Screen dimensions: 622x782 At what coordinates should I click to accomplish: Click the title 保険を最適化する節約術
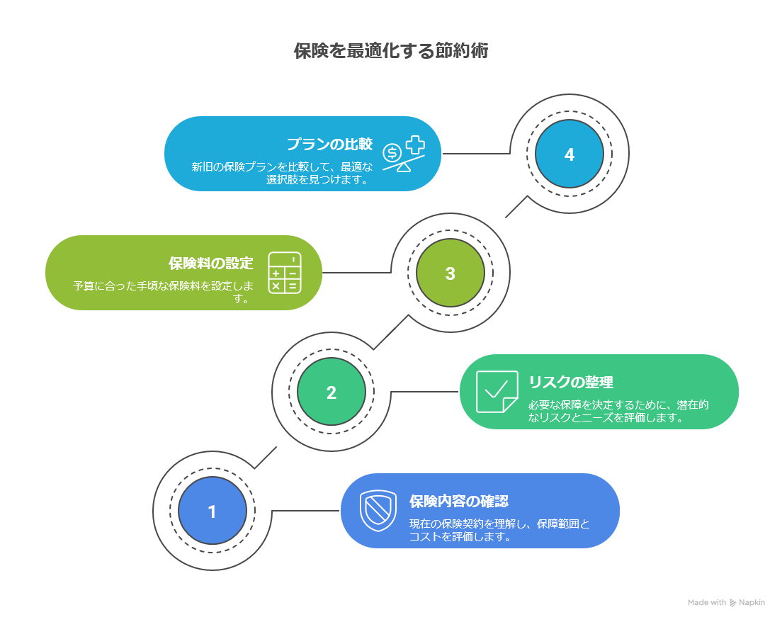coord(390,52)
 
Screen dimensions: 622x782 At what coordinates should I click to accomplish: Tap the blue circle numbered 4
coord(569,154)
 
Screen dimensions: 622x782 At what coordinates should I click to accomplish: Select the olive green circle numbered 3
coord(450,273)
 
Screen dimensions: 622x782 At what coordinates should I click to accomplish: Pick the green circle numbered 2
coord(331,392)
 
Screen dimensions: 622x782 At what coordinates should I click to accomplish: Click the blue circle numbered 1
coord(212,511)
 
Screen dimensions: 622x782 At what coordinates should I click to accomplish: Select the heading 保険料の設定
coord(210,264)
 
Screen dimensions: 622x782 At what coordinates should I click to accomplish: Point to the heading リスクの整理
coord(571,383)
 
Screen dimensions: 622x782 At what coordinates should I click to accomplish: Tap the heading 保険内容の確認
coord(459,502)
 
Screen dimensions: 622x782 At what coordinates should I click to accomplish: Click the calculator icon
coord(285,273)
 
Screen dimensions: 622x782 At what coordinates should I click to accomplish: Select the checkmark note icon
coord(497,392)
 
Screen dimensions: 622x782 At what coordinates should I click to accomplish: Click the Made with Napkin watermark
coord(726,602)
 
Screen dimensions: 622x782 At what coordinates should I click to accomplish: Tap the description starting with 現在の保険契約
coord(499,530)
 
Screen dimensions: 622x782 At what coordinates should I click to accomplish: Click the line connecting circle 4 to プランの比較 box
coord(476,153)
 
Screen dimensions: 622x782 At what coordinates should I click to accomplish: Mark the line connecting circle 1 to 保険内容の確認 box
coord(305,511)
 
